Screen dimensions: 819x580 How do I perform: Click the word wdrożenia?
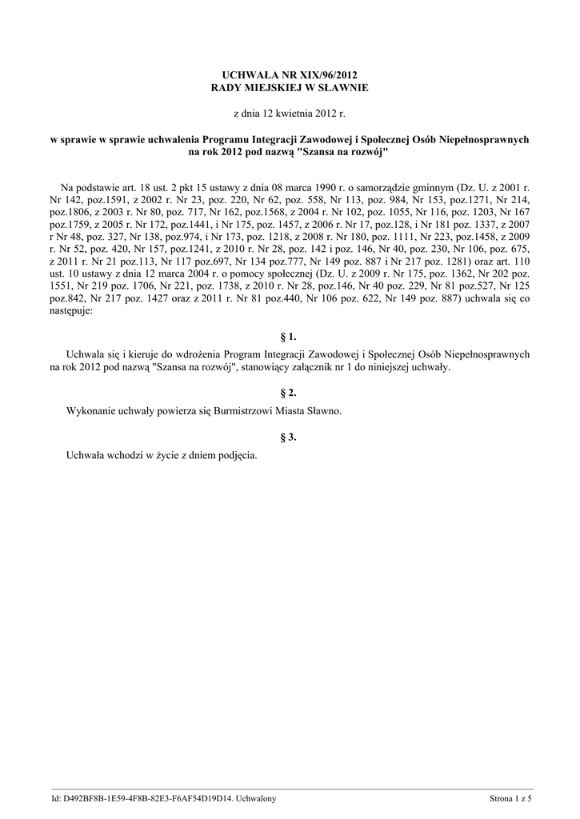click(x=194, y=353)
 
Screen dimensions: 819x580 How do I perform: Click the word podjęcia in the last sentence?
click(x=233, y=454)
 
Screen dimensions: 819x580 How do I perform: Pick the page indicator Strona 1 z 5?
click(x=510, y=797)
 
